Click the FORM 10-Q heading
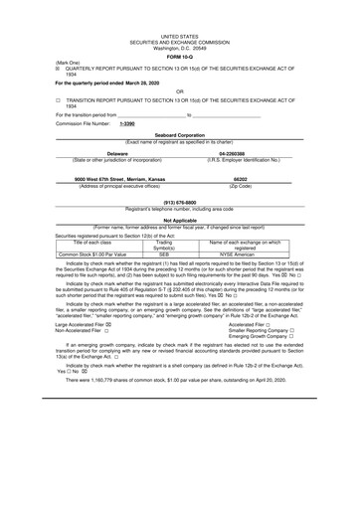click(x=180, y=57)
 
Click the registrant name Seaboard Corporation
click(x=180, y=136)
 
